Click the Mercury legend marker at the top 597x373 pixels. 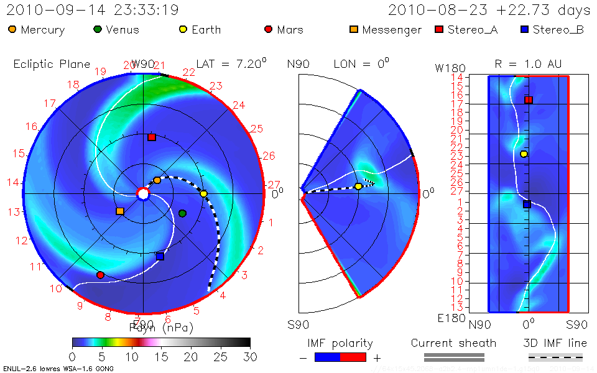[12, 29]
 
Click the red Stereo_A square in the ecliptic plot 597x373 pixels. [152, 137]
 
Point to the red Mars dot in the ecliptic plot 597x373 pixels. [100, 275]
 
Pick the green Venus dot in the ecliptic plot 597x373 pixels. [182, 214]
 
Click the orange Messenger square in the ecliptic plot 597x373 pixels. [120, 211]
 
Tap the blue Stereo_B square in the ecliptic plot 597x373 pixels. [160, 256]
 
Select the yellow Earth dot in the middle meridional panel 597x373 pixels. [358, 186]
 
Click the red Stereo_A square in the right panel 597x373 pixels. [529, 100]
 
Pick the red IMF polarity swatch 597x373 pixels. [353, 357]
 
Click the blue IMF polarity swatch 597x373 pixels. [328, 357]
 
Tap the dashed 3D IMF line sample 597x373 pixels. [555, 357]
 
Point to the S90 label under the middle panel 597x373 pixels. [298, 324]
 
